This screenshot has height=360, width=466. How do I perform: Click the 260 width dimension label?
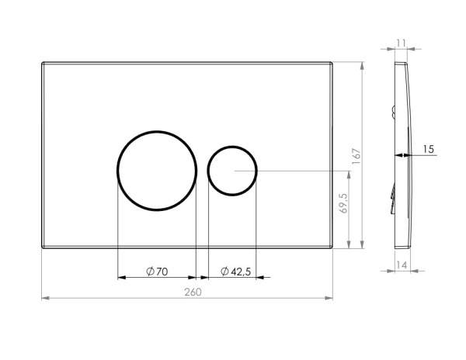point(193,292)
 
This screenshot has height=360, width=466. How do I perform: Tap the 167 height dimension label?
point(356,156)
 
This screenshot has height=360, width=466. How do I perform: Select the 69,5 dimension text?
point(343,203)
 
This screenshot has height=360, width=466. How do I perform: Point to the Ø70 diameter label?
point(157,272)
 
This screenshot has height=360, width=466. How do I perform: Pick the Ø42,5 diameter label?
point(235,272)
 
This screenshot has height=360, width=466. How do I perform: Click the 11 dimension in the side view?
point(401,43)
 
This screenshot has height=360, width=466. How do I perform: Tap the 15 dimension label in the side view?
point(428,149)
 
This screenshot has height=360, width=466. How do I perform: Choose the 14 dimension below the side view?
point(402,265)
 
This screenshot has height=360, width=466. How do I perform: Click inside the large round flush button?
point(157,171)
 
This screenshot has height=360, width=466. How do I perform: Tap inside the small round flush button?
point(232,171)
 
